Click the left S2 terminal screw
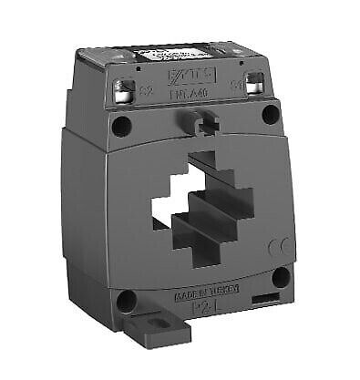tap(123, 88)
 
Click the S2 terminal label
tap(143, 90)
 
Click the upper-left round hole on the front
tap(120, 127)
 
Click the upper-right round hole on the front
tap(270, 115)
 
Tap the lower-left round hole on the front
tap(127, 298)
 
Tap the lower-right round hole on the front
tap(280, 275)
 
